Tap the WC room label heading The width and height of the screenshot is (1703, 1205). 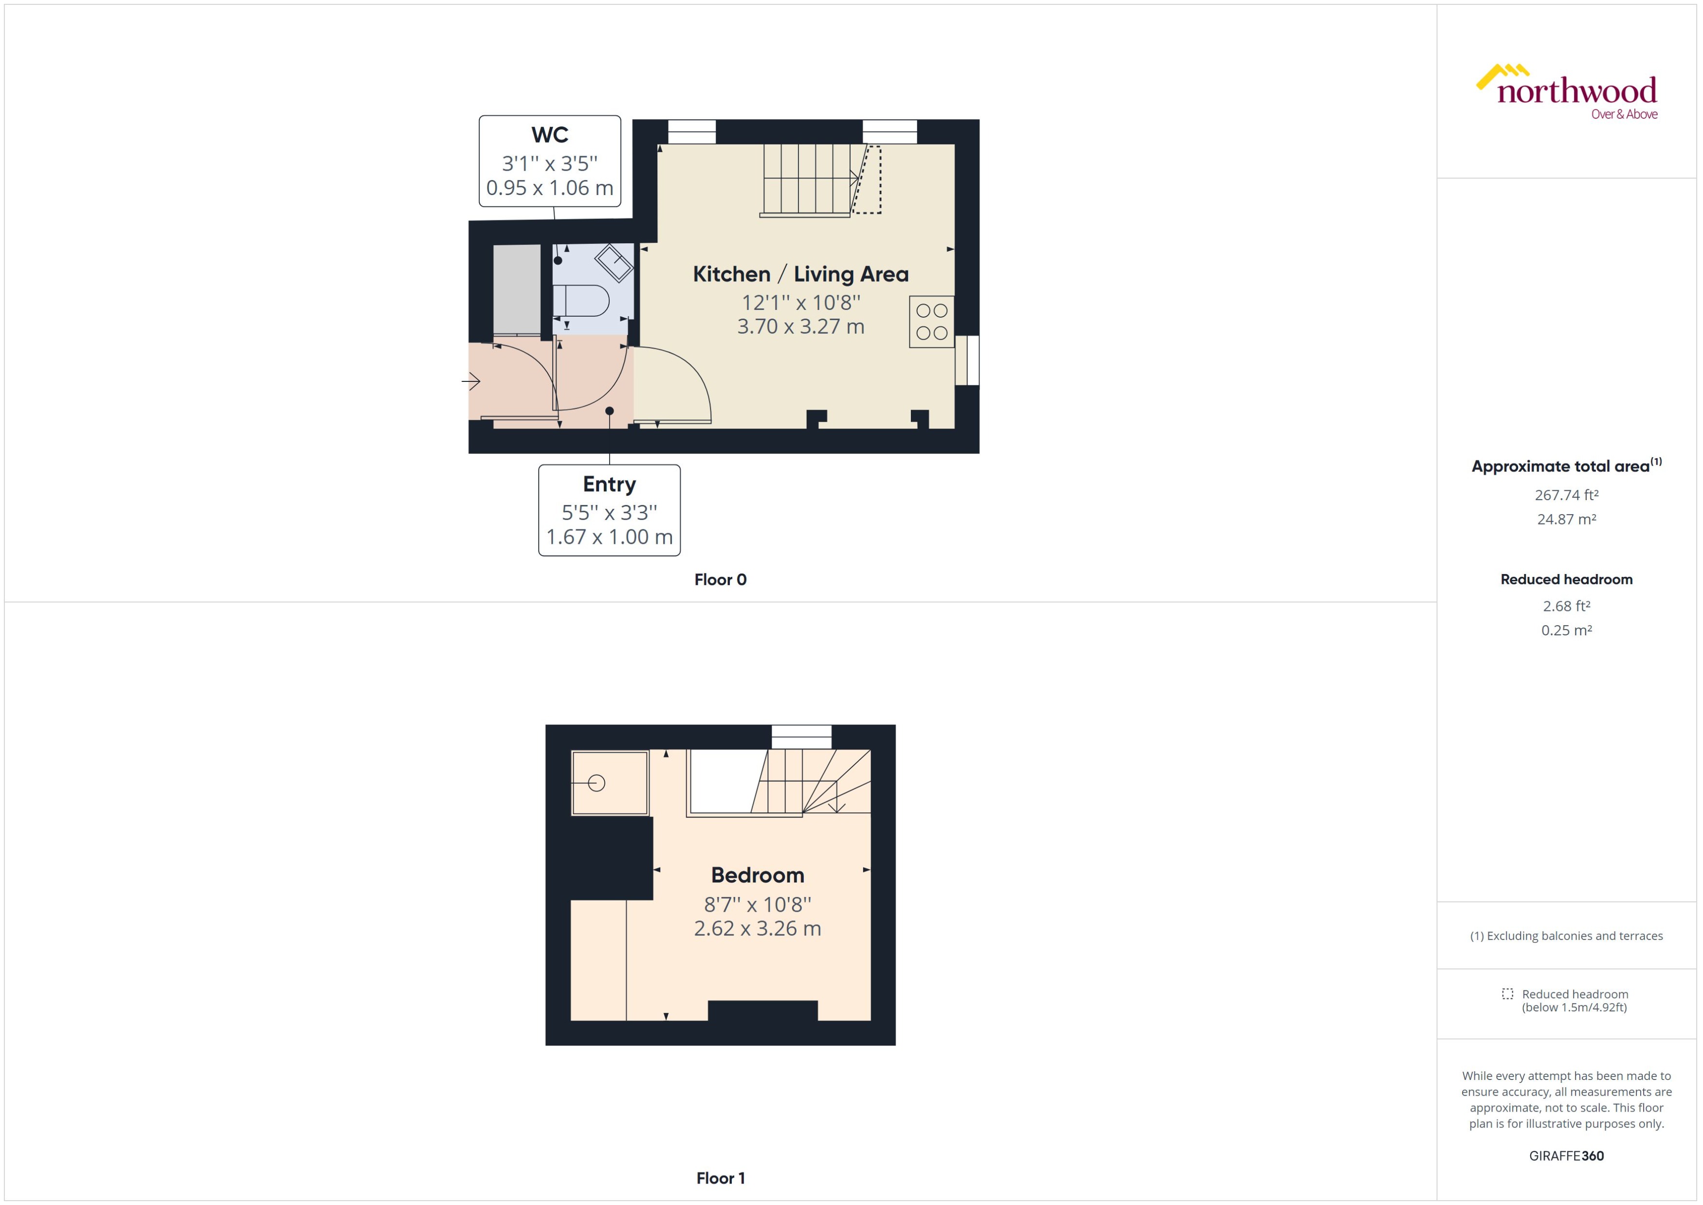[x=549, y=135]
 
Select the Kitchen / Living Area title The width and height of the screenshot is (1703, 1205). [x=800, y=274]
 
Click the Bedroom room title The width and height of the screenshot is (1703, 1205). [x=757, y=876]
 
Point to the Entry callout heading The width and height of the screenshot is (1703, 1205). [x=609, y=485]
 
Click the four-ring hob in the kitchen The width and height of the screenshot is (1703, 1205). [x=931, y=322]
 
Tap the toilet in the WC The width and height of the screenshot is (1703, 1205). [x=582, y=301]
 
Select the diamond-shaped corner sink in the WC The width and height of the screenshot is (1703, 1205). [x=614, y=262]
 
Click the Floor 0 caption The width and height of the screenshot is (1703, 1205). [x=720, y=579]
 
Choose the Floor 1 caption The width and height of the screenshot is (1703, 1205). [x=720, y=1178]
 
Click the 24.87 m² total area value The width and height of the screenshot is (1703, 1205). [x=1566, y=520]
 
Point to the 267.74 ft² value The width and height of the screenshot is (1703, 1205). [x=1566, y=495]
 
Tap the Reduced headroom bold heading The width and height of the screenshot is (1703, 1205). [x=1566, y=579]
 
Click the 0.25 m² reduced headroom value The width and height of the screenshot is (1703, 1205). [x=1566, y=630]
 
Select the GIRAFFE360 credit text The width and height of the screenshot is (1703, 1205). [x=1566, y=1156]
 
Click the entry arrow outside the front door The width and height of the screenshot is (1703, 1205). [x=471, y=381]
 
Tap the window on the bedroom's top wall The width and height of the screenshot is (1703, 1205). [x=801, y=737]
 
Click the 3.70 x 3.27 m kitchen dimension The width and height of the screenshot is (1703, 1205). [x=800, y=326]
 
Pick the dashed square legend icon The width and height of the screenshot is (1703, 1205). [x=1507, y=993]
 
